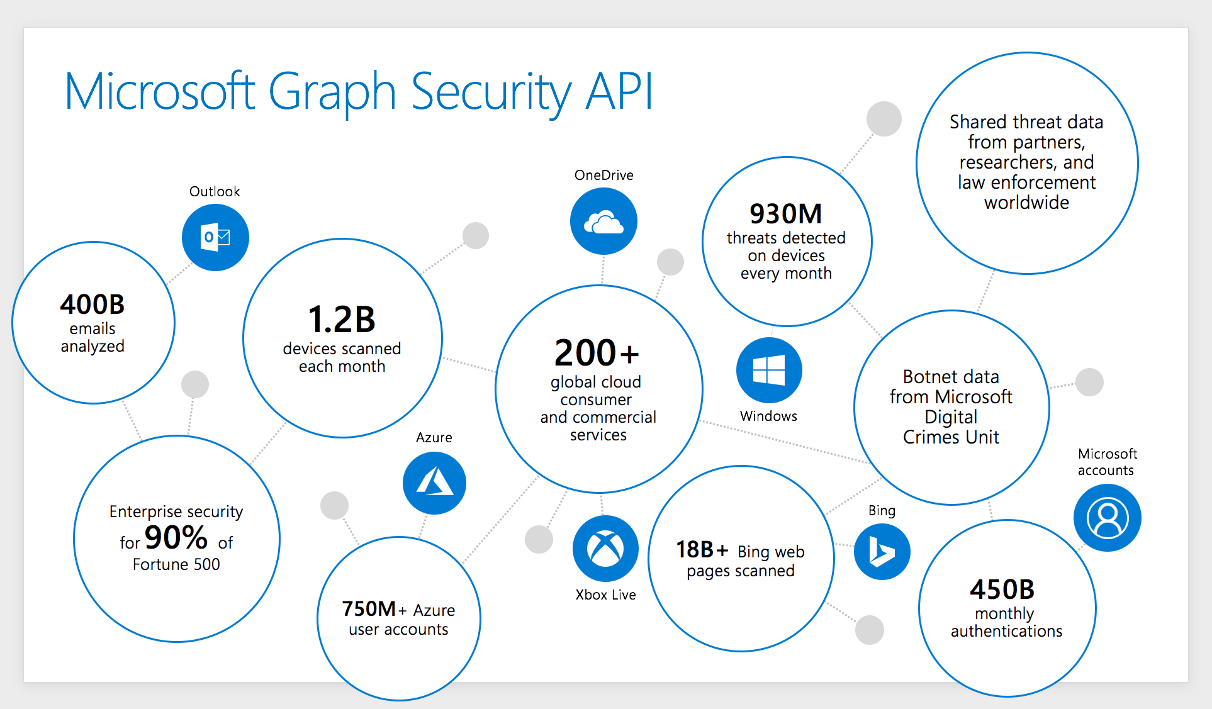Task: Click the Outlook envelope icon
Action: [x=215, y=237]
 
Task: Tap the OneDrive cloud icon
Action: [x=603, y=221]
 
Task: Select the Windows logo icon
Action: [x=769, y=370]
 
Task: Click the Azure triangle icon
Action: [x=434, y=483]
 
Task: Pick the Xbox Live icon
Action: [x=605, y=549]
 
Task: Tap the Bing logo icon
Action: [x=882, y=552]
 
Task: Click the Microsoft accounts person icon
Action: [x=1107, y=518]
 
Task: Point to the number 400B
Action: [x=93, y=304]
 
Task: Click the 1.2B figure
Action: [x=342, y=320]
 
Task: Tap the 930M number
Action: [x=785, y=214]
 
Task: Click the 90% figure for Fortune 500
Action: [x=176, y=537]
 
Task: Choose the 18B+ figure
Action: [x=702, y=550]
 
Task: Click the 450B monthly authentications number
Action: [x=1002, y=589]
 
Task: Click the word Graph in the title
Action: [x=332, y=92]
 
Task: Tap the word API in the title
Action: [x=620, y=92]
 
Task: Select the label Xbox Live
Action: [x=605, y=595]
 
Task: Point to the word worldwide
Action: [x=1026, y=203]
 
